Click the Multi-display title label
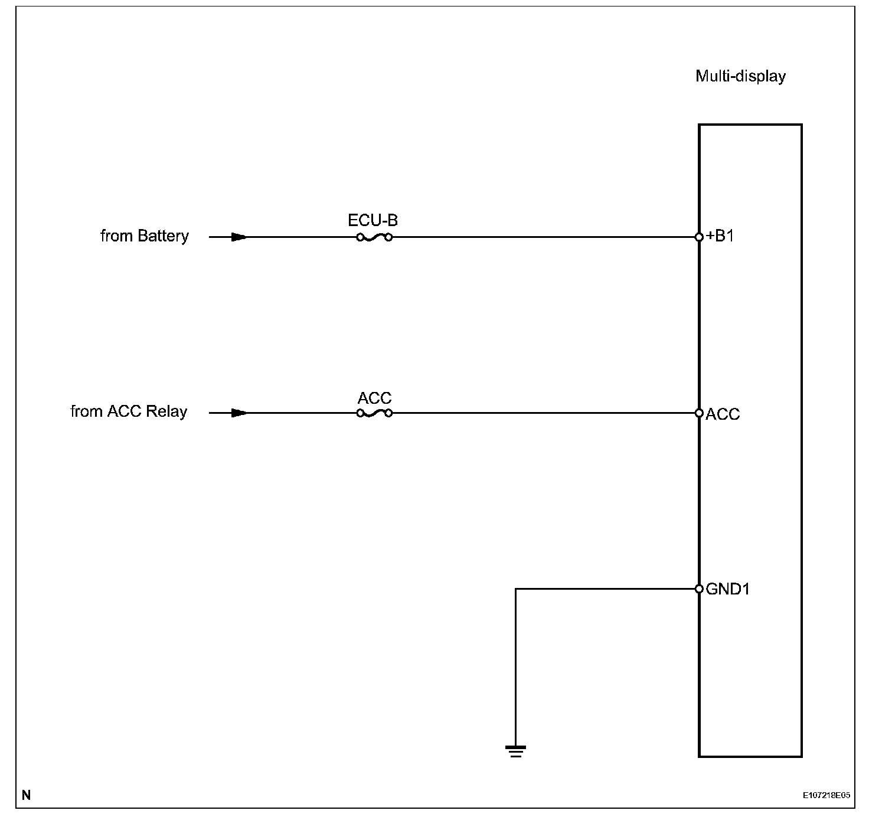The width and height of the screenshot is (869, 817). [x=740, y=76]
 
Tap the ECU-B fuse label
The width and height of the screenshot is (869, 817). [x=373, y=220]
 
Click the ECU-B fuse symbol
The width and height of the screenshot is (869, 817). [x=374, y=237]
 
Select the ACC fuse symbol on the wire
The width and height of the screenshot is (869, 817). [x=374, y=413]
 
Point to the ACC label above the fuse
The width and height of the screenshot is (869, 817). [x=374, y=398]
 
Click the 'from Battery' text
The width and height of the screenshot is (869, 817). [x=145, y=236]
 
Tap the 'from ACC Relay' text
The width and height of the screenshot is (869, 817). [x=129, y=411]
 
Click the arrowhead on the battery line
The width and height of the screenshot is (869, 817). [x=239, y=237]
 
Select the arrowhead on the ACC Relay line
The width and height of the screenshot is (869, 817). [x=239, y=413]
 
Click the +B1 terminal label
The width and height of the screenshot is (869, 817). [x=720, y=236]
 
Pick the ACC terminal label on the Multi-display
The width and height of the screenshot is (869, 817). [x=723, y=414]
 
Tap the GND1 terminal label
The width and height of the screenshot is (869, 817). [x=727, y=589]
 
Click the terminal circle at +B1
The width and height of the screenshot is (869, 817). [x=699, y=237]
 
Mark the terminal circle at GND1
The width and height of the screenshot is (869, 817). [x=699, y=589]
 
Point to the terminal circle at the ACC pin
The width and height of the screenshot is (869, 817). [x=699, y=413]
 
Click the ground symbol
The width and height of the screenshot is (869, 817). [x=515, y=751]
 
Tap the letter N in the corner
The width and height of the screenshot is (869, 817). [x=26, y=795]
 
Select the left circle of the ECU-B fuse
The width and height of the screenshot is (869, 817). [x=360, y=237]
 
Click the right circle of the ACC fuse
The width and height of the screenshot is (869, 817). [x=388, y=413]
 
